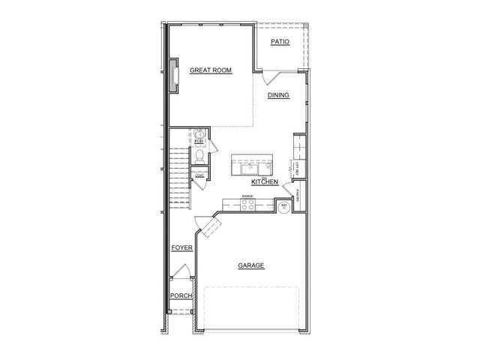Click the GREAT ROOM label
210,70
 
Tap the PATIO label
280,43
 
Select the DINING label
279,95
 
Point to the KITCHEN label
265,182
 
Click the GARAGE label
250,265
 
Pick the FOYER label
181,247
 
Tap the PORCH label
181,295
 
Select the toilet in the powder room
199,155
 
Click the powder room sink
199,133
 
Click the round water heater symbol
285,207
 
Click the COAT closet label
199,175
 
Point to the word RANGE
247,196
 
